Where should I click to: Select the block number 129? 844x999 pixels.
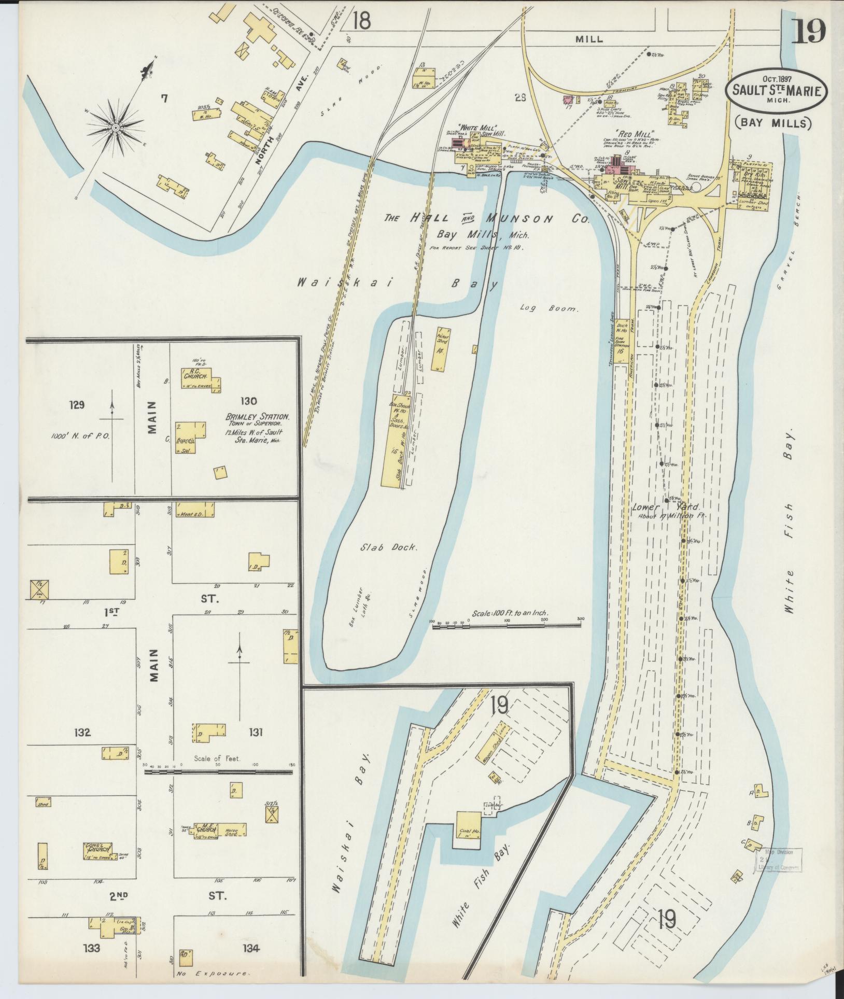point(76,404)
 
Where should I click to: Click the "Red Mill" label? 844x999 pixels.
point(635,133)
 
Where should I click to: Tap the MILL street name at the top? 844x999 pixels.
point(589,39)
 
